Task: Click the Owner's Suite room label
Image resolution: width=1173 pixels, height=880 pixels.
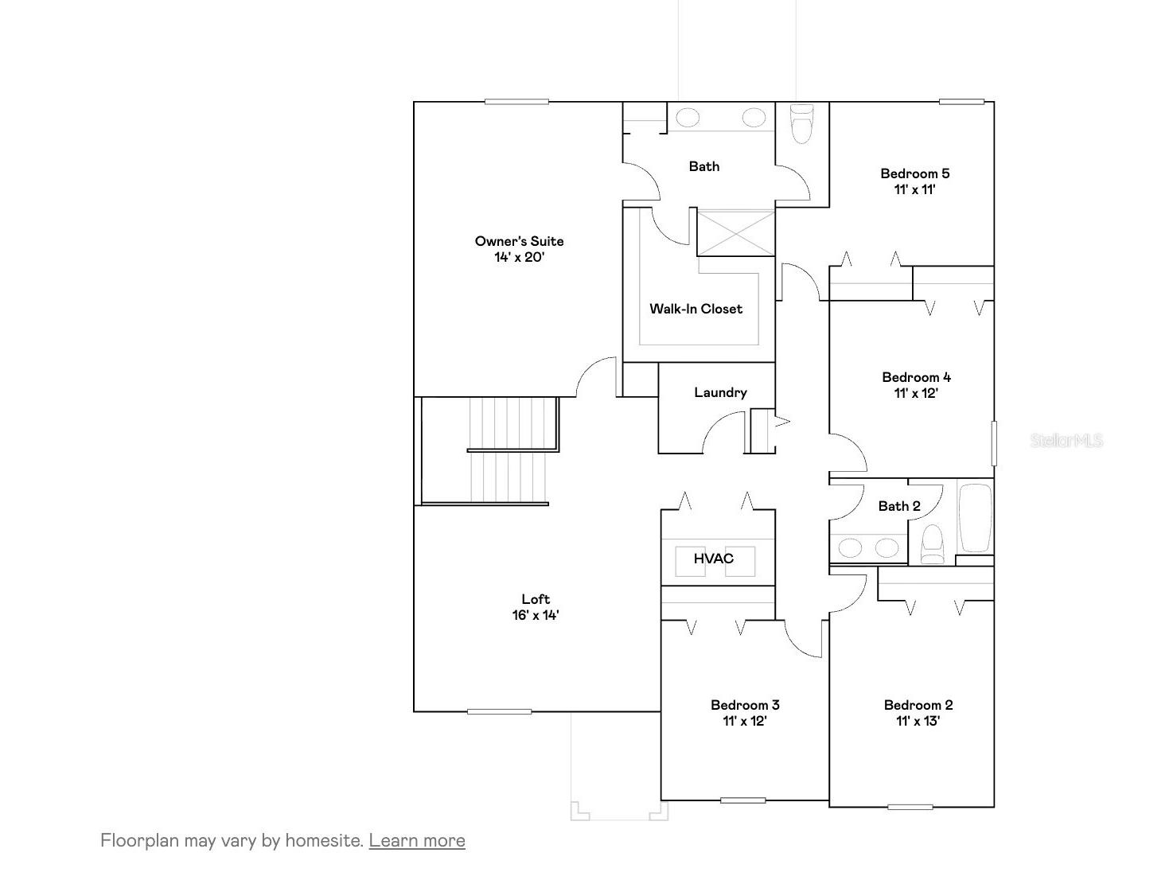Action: [x=519, y=241]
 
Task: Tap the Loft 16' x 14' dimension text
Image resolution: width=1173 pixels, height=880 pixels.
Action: [x=536, y=615]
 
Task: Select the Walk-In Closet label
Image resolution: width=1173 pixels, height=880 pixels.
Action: [x=696, y=309]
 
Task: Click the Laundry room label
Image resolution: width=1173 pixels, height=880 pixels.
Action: [x=720, y=392]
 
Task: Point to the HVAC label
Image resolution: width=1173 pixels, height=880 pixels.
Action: [x=713, y=559]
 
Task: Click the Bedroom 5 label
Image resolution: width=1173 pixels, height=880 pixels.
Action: [x=914, y=173]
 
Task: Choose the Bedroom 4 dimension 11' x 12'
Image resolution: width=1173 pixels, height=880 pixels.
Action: [x=915, y=393]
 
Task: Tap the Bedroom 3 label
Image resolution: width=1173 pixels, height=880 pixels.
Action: [x=745, y=705]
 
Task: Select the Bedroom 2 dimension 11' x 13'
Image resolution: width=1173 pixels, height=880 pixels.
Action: [x=918, y=721]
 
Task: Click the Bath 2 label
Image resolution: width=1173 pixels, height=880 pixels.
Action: [x=899, y=506]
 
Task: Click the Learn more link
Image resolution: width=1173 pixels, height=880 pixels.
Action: [x=417, y=840]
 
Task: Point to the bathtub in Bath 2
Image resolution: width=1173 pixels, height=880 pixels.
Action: [x=975, y=518]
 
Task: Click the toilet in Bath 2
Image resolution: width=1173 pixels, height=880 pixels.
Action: [x=931, y=546]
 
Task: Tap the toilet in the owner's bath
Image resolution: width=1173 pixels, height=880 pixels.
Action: [x=801, y=124]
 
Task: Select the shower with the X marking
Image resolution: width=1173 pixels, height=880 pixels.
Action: [x=735, y=232]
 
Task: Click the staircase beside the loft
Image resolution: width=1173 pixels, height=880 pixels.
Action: [x=509, y=450]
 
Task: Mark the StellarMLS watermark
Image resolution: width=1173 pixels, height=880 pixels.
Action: [x=1066, y=440]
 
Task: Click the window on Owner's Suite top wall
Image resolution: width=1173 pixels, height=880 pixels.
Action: [x=516, y=101]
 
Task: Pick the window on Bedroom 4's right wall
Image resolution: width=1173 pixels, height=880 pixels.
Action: [x=993, y=443]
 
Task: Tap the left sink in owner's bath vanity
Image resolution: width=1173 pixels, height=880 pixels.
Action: [x=688, y=119]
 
